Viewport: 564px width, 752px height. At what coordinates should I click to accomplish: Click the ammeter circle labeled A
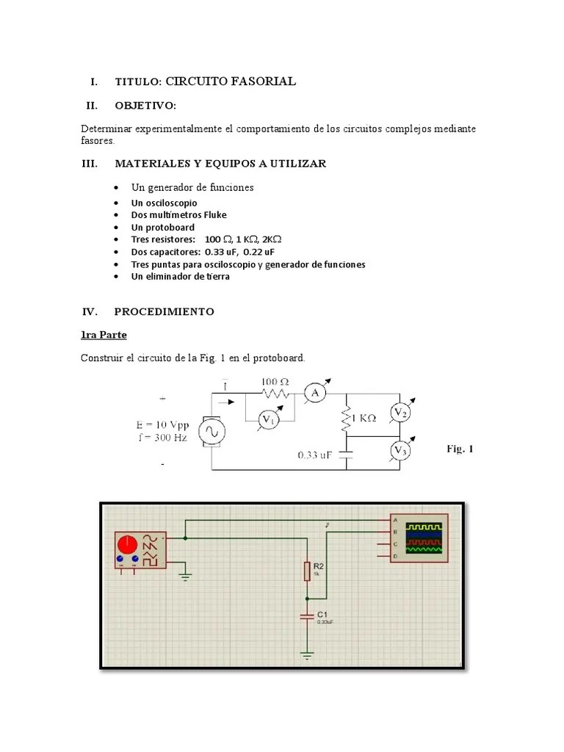[316, 394]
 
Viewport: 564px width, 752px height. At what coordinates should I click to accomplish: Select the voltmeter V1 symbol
[270, 420]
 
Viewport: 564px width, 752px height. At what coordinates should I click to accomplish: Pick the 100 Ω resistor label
[276, 382]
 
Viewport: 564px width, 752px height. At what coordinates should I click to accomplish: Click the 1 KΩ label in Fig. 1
[362, 418]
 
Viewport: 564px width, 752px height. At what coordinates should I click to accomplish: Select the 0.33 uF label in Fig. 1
[315, 455]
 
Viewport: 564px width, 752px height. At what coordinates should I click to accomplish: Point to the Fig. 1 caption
[460, 449]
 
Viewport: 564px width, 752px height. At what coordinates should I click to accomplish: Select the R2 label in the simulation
[319, 566]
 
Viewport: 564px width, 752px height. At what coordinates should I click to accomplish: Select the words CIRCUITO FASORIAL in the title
[231, 82]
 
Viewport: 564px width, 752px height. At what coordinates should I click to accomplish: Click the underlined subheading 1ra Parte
[104, 335]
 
